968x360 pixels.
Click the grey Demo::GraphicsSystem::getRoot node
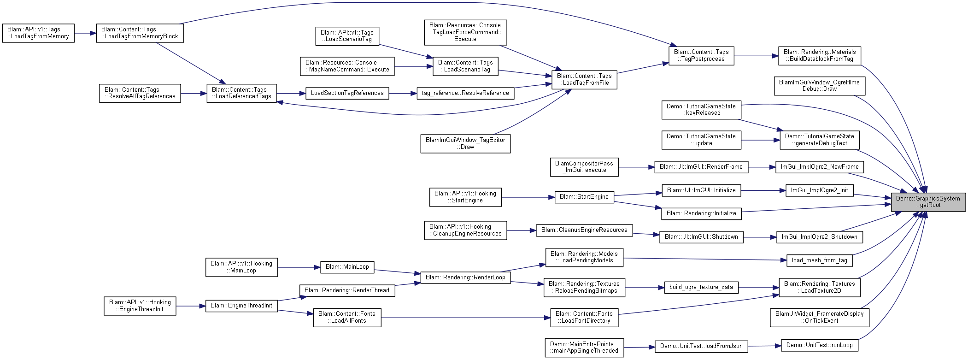pyautogui.click(x=928, y=202)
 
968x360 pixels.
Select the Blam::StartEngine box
pyautogui.click(x=584, y=197)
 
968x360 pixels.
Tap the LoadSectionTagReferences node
pyautogui.click(x=347, y=93)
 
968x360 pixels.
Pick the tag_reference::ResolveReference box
pyautogui.click(x=465, y=93)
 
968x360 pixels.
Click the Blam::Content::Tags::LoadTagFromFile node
pyautogui.click(x=584, y=80)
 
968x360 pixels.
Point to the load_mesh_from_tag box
pyautogui.click(x=820, y=260)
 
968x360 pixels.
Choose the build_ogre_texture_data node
pyautogui.click(x=701, y=287)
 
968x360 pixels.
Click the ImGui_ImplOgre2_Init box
pyautogui.click(x=820, y=190)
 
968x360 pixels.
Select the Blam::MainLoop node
pyautogui.click(x=347, y=267)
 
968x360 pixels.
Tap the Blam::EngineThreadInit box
pyautogui.click(x=241, y=306)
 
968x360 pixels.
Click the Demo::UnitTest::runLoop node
pyautogui.click(x=820, y=345)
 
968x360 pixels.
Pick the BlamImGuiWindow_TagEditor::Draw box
pyautogui.click(x=465, y=143)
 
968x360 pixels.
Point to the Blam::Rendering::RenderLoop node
pyautogui.click(x=465, y=277)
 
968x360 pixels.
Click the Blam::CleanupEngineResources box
pyautogui.click(x=584, y=230)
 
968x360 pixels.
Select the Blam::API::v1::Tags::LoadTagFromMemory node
pyautogui.click(x=38, y=33)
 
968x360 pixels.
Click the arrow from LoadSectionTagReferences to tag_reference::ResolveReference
pyautogui.click(x=403, y=94)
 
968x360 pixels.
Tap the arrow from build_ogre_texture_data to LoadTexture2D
pyautogui.click(x=759, y=288)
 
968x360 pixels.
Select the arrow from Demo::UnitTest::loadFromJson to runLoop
pyautogui.click(x=765, y=346)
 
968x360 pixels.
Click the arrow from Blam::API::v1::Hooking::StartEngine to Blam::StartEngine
pyautogui.click(x=528, y=197)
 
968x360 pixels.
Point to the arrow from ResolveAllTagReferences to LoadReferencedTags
pyautogui.click(x=194, y=94)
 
